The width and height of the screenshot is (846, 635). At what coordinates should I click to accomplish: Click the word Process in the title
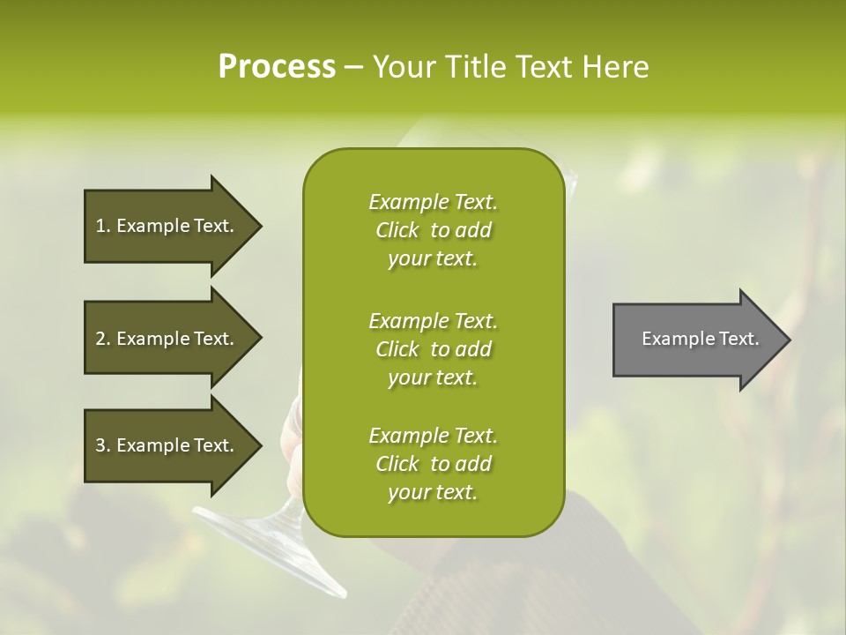[277, 67]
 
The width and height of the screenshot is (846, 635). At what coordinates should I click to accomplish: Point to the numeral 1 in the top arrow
[100, 226]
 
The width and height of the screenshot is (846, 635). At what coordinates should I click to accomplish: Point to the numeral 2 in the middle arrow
[100, 339]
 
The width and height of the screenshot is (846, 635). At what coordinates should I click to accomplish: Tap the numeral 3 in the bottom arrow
[100, 445]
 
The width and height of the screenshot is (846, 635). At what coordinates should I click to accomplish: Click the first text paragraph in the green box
[433, 230]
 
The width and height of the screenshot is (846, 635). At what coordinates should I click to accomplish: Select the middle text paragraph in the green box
[433, 348]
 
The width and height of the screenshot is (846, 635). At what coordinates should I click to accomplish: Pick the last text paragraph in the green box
[433, 464]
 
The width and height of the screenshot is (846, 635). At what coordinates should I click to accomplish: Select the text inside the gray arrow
[701, 339]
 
